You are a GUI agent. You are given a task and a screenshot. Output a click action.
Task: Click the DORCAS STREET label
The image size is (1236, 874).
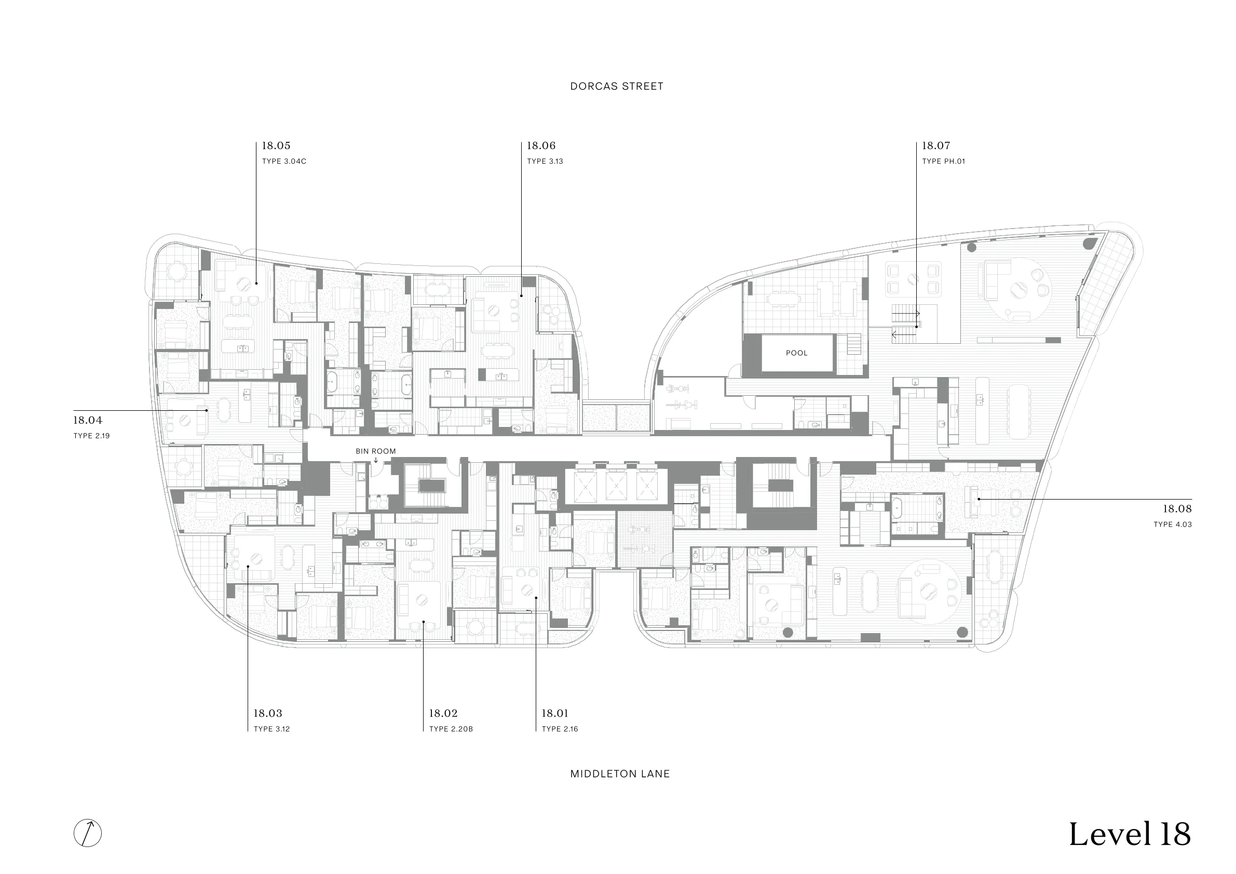pos(616,86)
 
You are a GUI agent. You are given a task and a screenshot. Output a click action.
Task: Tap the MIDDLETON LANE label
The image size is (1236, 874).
pos(620,774)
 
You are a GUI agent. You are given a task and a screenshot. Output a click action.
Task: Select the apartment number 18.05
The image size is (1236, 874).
pos(276,145)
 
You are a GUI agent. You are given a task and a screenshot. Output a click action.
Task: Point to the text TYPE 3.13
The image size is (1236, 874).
pos(545,162)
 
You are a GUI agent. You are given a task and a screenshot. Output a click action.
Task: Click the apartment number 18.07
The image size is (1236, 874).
pos(936,145)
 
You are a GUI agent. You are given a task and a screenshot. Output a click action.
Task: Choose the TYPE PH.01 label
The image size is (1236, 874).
pos(943,162)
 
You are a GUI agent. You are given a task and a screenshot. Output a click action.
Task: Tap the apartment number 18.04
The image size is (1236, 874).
pos(88,420)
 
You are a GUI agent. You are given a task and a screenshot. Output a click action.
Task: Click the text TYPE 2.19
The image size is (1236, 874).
pos(91,436)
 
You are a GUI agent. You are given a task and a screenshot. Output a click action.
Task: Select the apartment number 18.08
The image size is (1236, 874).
pos(1177,508)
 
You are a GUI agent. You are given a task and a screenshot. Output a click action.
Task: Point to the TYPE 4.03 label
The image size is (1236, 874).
pos(1173,525)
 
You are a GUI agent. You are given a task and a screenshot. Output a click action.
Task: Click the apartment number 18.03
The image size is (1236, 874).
pos(268,713)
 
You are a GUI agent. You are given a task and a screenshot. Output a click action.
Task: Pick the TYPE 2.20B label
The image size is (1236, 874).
pos(451,729)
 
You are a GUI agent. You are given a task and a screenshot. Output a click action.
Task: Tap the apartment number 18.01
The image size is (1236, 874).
pos(555,713)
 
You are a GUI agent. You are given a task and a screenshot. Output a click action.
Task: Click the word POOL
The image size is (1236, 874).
pos(797,353)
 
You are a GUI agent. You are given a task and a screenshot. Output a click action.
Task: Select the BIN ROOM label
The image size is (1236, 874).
pos(376,451)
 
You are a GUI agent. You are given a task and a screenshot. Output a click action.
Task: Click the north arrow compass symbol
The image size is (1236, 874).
pos(88,833)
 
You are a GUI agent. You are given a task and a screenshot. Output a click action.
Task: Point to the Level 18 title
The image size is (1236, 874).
pos(1130,834)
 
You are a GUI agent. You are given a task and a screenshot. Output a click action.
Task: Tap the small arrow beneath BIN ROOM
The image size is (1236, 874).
pos(376,461)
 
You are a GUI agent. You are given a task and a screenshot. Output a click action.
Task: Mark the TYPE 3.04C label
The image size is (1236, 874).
pos(284,162)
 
